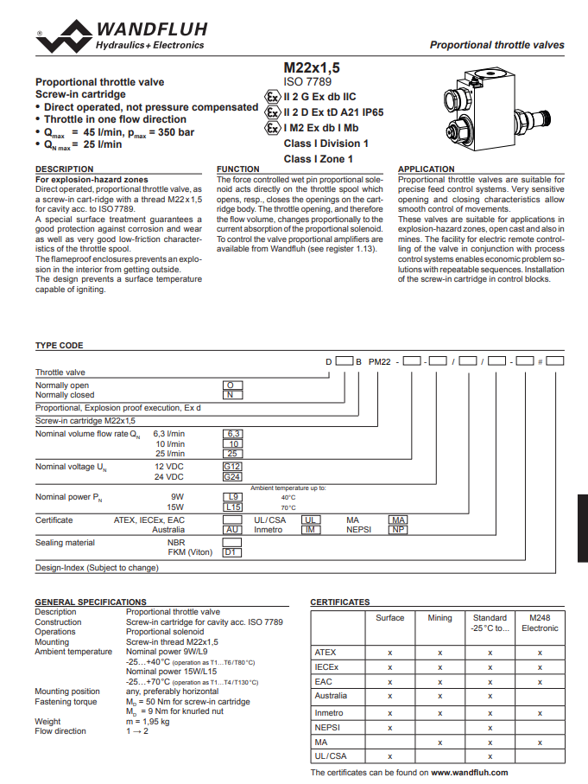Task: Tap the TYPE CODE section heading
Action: [59, 345]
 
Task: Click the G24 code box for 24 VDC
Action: [231, 476]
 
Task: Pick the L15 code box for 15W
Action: [231, 507]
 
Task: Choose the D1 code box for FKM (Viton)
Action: [231, 551]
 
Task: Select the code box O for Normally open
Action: [231, 385]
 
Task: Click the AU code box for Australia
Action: [231, 529]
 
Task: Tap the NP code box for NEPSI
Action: [397, 529]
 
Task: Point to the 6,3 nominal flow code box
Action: [231, 432]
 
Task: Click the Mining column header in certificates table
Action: [439, 618]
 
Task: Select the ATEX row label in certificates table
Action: [326, 652]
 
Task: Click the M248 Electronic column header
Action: [540, 623]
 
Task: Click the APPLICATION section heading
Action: [426, 169]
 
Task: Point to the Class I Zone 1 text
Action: [318, 159]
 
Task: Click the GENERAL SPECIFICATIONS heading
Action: [90, 602]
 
